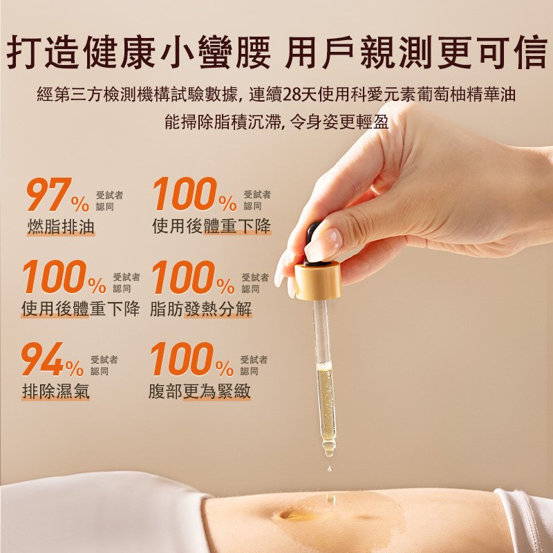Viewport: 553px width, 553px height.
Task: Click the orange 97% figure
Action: point(58,194)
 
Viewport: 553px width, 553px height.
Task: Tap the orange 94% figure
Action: point(53,359)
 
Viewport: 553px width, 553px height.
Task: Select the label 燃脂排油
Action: point(61,227)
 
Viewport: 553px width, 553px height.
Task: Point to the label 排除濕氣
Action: point(56,391)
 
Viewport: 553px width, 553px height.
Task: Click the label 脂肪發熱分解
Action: point(201,309)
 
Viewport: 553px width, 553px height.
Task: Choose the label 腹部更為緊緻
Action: point(200,391)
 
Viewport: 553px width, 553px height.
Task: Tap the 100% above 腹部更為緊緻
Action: point(192,359)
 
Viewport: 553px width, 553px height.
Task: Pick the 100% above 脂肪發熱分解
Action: point(194,277)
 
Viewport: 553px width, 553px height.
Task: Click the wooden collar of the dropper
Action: point(317,281)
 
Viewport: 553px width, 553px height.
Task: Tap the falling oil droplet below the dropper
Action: point(330,469)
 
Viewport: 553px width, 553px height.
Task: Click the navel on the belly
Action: point(291,514)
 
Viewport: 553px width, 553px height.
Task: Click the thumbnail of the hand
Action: point(324,244)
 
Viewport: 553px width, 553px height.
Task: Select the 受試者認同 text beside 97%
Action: point(109,200)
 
